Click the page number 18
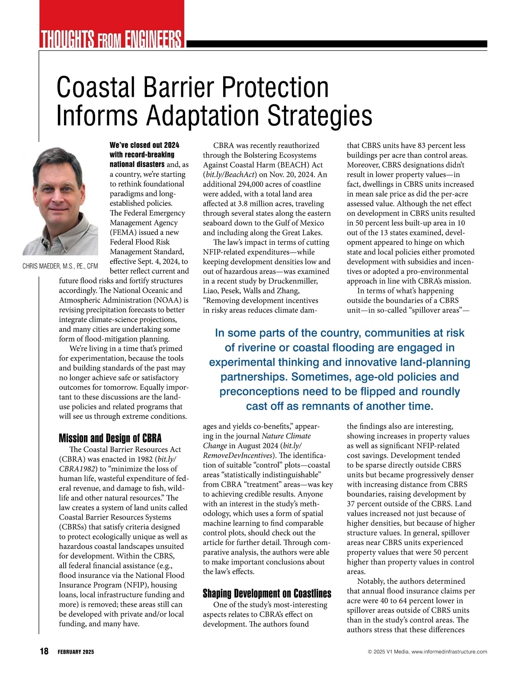click(44, 651)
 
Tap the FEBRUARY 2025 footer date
click(76, 652)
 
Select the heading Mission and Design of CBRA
click(110, 438)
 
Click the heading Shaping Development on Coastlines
click(267, 593)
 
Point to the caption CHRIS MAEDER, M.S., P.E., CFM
click(60, 266)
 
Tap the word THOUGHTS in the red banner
click(67, 39)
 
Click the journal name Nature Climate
click(286, 436)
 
